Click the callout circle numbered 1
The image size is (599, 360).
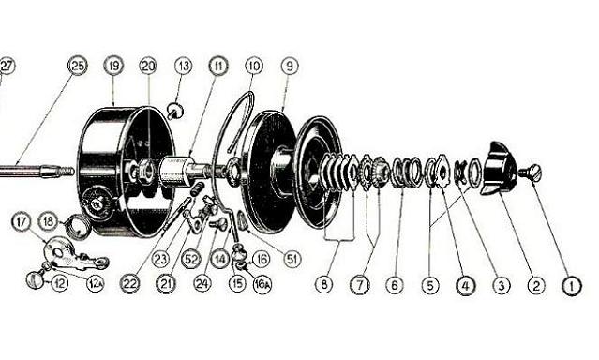[572, 286]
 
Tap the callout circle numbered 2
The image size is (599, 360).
[536, 286]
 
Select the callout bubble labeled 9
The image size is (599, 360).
[290, 66]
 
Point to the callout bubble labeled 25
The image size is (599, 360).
[78, 66]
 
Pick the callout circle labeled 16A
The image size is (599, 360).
[262, 284]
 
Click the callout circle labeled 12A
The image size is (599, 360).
[95, 283]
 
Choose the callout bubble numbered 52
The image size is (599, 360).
[191, 260]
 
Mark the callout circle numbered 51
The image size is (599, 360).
[292, 259]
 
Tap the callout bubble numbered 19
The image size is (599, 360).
[113, 66]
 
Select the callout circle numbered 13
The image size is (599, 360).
[184, 66]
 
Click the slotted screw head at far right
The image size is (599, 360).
[531, 173]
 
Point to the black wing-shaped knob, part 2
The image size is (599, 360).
[500, 168]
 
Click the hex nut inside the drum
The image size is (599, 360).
[144, 171]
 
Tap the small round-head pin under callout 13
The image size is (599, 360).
[175, 112]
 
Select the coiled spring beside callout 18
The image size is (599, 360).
[79, 227]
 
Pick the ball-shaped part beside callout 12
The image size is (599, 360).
[35, 279]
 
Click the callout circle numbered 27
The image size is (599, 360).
[7, 66]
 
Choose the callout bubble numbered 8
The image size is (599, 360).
[324, 284]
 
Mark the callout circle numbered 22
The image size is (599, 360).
[130, 283]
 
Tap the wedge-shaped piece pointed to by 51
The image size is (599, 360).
[242, 220]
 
